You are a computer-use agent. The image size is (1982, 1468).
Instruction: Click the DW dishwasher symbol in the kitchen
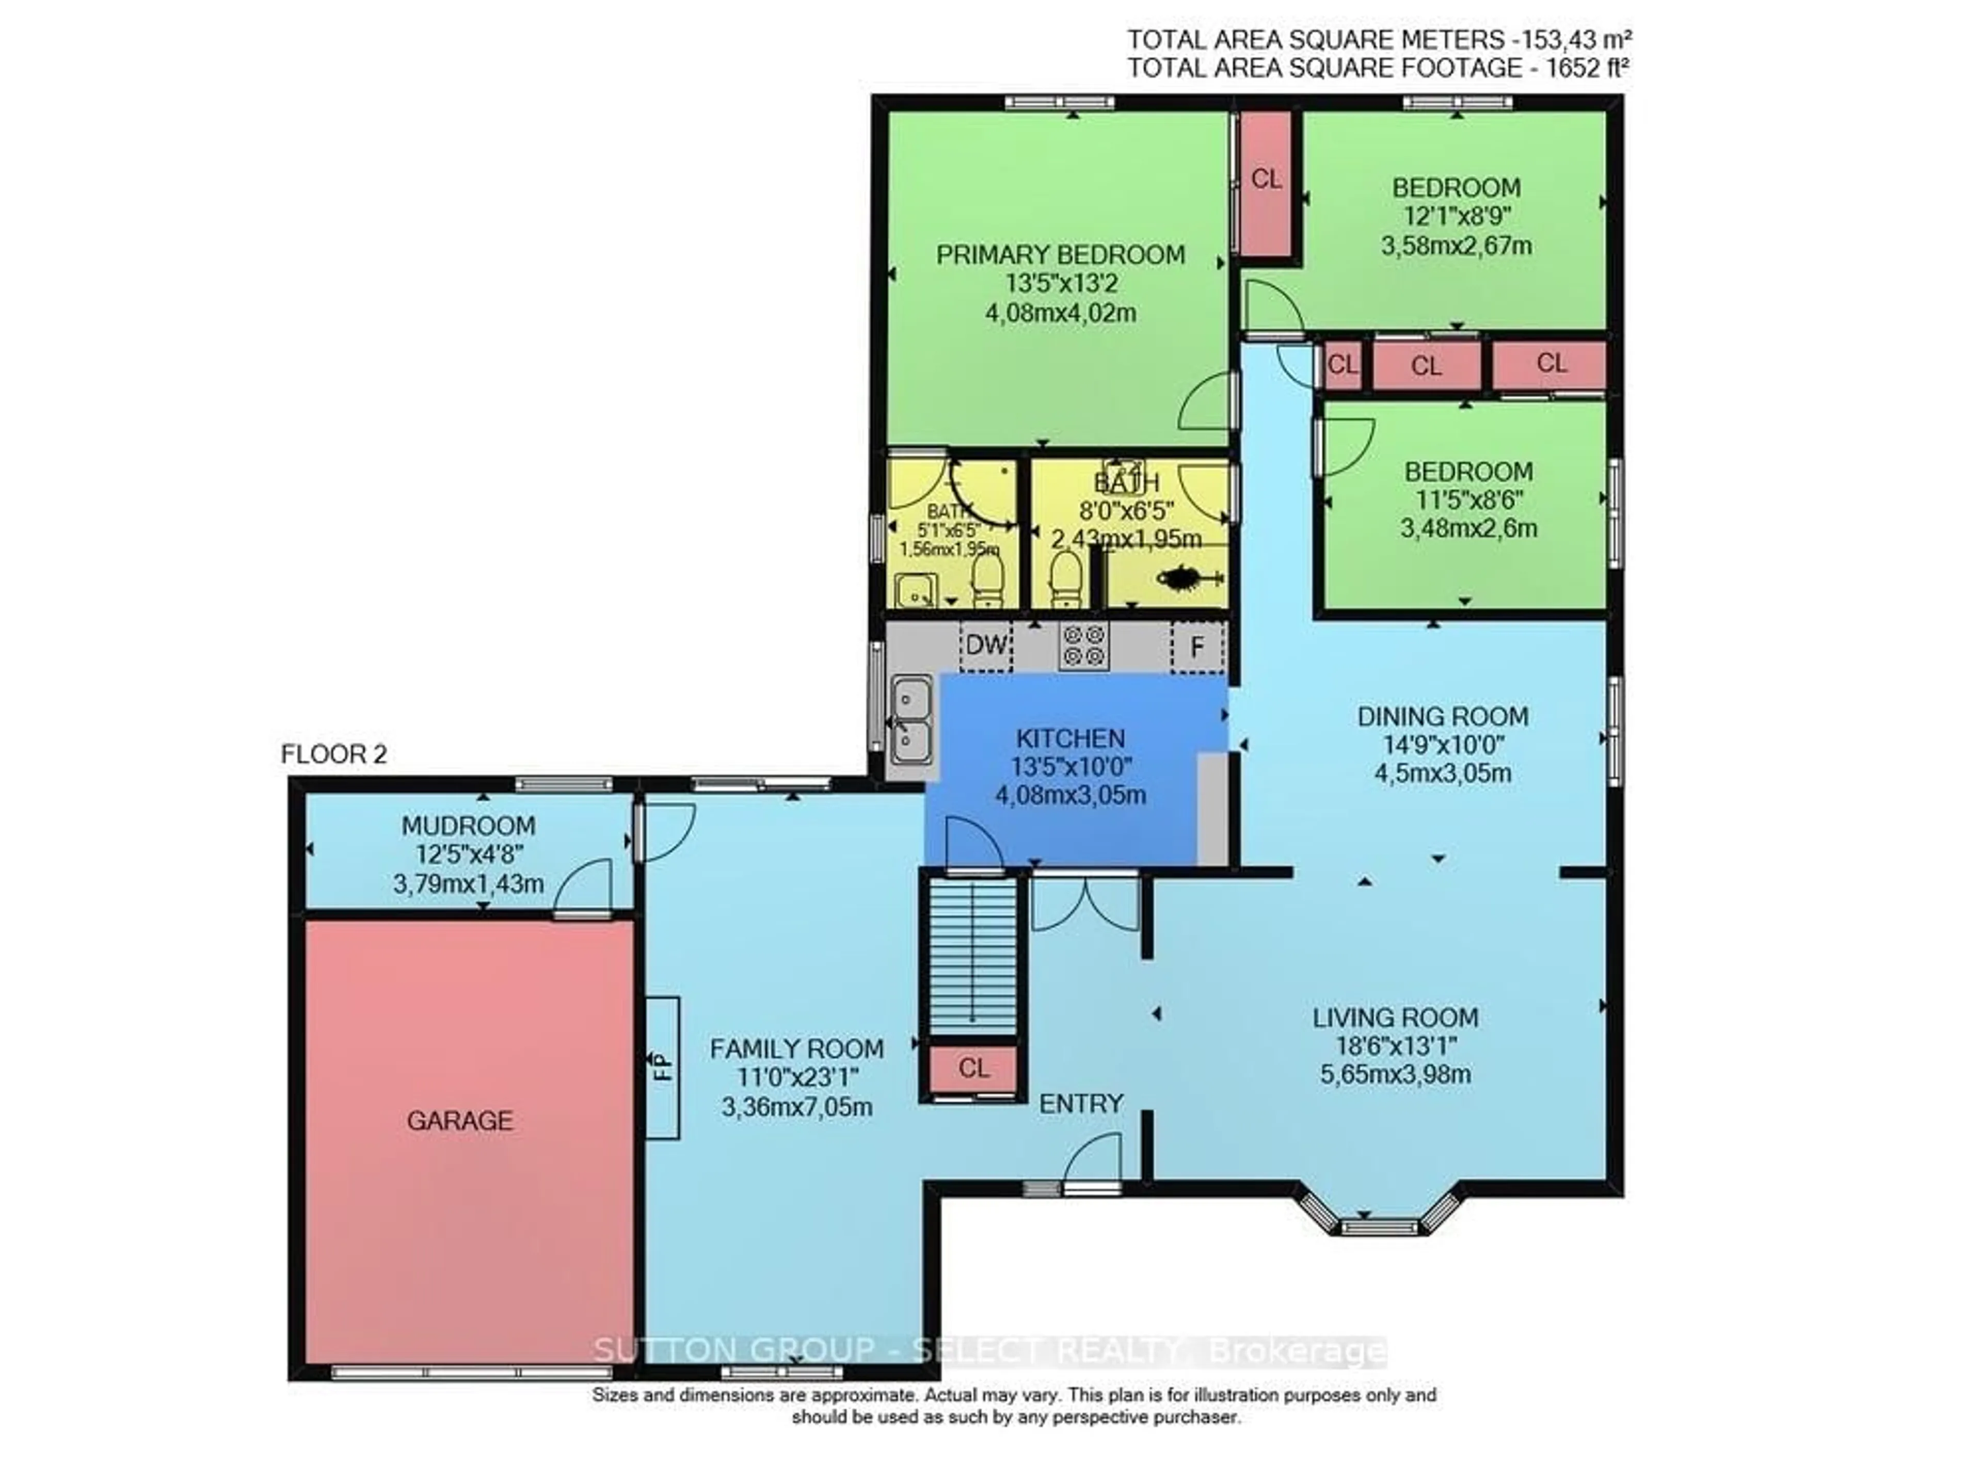coord(986,645)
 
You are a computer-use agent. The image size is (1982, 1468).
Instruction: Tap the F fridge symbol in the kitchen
coord(1197,646)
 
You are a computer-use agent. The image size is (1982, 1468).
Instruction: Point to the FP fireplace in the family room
coord(662,1067)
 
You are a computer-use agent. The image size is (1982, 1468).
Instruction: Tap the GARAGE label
coord(459,1121)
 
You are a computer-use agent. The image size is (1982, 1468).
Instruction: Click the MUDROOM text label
coord(468,826)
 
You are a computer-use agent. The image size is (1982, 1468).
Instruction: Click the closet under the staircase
coord(973,1068)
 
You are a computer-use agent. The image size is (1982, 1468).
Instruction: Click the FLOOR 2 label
coord(333,754)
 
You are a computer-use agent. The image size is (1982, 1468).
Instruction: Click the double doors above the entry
coord(1084,902)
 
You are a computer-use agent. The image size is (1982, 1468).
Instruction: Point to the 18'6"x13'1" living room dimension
coord(1395,1046)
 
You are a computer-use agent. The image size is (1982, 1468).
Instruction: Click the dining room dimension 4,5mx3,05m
coord(1443,773)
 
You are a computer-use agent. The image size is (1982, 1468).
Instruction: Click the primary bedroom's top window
coord(1060,103)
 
